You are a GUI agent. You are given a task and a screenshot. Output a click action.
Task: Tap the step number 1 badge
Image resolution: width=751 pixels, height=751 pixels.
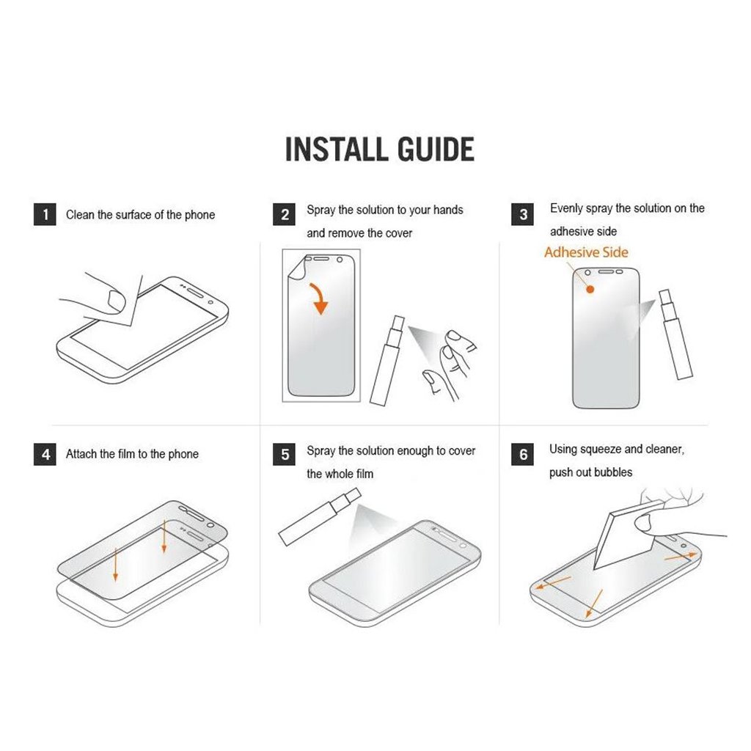[x=45, y=214]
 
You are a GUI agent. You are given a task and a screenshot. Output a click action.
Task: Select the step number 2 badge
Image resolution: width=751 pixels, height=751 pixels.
[x=284, y=214]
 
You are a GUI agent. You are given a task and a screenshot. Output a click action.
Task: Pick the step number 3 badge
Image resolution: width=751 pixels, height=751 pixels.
[x=523, y=214]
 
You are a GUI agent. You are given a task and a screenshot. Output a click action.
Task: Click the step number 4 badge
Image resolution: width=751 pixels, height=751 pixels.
[x=45, y=454]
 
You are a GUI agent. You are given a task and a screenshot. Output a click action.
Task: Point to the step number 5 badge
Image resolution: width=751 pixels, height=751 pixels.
[x=284, y=454]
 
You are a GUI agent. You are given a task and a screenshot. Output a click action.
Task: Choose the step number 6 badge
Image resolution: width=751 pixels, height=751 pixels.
[x=523, y=454]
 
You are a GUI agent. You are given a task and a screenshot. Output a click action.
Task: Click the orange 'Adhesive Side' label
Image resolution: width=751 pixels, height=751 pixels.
[x=586, y=252]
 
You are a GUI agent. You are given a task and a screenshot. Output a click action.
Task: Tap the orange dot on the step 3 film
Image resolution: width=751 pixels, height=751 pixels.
[x=590, y=289]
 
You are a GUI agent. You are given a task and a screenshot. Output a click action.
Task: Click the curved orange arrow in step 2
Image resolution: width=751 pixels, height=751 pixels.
[x=319, y=297]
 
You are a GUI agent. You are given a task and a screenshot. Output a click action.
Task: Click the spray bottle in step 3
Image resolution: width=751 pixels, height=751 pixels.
[x=675, y=334]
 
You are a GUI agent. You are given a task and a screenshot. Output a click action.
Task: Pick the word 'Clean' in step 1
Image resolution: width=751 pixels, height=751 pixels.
[x=80, y=215]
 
